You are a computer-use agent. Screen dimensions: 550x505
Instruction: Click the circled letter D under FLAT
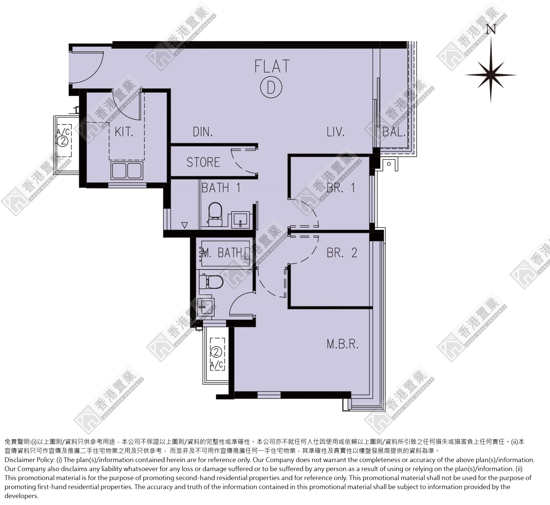(x=271, y=87)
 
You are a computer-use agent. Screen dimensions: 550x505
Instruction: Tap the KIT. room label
(x=124, y=132)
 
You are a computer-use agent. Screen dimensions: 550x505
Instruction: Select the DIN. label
(x=203, y=132)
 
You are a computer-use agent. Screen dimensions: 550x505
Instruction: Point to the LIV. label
(x=336, y=132)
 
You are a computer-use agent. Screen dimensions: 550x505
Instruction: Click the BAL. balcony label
(x=394, y=132)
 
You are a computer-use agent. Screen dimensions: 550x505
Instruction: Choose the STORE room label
(x=203, y=162)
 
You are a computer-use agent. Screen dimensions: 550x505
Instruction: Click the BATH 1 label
(x=221, y=188)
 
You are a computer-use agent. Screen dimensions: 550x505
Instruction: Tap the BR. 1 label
(x=341, y=188)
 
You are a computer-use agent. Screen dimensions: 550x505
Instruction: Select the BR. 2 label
(x=342, y=253)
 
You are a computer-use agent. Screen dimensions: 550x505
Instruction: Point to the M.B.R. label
(x=342, y=344)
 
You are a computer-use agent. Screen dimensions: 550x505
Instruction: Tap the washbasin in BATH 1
(x=241, y=220)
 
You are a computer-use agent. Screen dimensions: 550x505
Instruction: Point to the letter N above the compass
(x=491, y=29)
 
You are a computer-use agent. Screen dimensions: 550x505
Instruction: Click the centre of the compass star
(x=491, y=75)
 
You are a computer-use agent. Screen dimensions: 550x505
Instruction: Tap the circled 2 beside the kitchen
(x=63, y=141)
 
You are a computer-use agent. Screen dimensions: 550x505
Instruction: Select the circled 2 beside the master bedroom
(x=217, y=352)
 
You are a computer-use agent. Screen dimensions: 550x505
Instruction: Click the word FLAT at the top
(x=272, y=66)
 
